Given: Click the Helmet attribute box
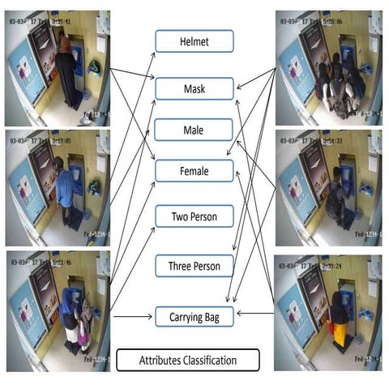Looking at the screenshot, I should (194, 41).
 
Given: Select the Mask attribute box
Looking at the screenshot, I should (194, 88).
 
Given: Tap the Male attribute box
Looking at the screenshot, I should (194, 130).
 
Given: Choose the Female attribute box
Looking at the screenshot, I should (194, 171).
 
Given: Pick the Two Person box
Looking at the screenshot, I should (194, 216).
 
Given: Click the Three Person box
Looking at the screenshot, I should (194, 265).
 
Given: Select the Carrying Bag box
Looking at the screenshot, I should (194, 316).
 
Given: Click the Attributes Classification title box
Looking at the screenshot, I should (187, 360).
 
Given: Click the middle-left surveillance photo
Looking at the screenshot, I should (58, 188).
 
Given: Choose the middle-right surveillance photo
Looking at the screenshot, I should (328, 188).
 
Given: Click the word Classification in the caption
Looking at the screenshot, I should (212, 360).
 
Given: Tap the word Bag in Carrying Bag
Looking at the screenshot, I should (217, 316).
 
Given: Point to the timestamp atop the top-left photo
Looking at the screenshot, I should (40, 21).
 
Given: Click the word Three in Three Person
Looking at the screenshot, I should (181, 265).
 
